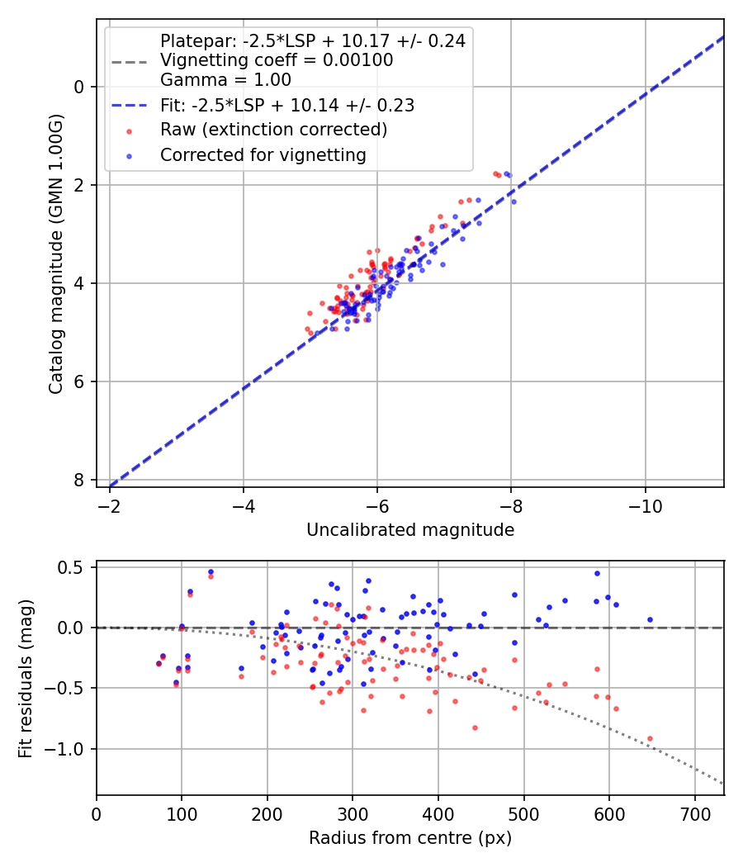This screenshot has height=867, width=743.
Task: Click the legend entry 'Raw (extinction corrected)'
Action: (x=273, y=130)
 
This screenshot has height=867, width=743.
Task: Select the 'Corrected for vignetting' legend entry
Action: (x=263, y=154)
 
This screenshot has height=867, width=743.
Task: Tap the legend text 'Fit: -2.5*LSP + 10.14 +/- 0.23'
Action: (x=287, y=105)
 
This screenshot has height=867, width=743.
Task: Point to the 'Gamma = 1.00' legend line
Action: (x=225, y=80)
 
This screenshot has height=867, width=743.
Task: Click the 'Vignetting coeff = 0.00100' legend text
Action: (x=277, y=60)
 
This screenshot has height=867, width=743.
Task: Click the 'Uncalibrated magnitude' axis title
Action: (x=410, y=530)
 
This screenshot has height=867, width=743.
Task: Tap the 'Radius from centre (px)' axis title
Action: (x=410, y=838)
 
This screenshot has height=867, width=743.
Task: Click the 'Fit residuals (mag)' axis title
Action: (x=26, y=678)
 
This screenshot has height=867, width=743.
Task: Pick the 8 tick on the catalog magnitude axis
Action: (x=79, y=480)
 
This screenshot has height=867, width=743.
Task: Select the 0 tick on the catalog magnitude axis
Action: (x=79, y=87)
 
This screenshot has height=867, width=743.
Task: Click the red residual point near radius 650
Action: (x=650, y=738)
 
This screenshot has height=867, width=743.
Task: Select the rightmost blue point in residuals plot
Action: (x=650, y=619)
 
